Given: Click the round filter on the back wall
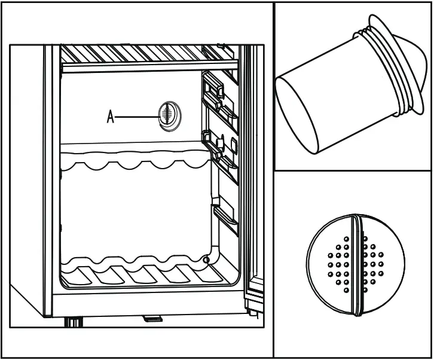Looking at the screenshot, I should click(168, 114).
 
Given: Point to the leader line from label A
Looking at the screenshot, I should click(136, 117).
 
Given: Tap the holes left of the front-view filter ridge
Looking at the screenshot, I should click(338, 263).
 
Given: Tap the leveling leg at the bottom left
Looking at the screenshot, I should click(73, 323).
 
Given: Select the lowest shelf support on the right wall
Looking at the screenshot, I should click(224, 218).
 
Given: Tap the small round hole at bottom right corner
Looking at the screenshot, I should click(206, 260).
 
